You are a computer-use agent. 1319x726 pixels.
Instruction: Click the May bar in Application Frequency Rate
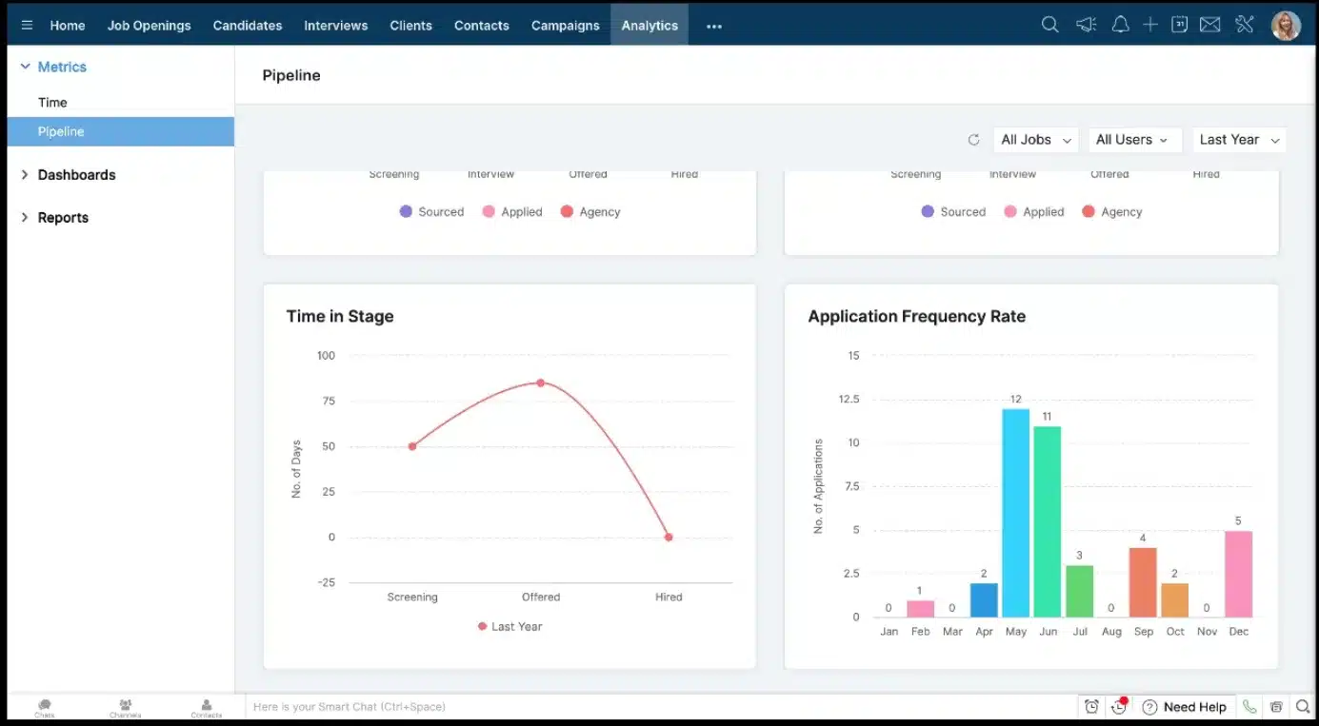pyautogui.click(x=1015, y=513)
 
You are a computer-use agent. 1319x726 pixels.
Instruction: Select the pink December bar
pyautogui.click(x=1238, y=574)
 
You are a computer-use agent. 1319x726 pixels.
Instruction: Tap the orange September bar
pyautogui.click(x=1143, y=582)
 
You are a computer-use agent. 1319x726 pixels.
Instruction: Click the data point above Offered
pyautogui.click(x=540, y=383)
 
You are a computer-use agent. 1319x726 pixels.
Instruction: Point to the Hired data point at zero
pyautogui.click(x=669, y=538)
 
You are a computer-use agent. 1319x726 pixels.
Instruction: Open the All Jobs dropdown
pyautogui.click(x=1035, y=140)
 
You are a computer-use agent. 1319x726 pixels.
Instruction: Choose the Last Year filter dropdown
pyautogui.click(x=1239, y=140)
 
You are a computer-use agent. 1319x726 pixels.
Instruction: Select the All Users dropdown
pyautogui.click(x=1133, y=140)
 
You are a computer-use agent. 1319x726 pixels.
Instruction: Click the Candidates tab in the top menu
pyautogui.click(x=248, y=26)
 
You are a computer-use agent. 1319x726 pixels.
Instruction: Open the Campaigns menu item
pyautogui.click(x=565, y=26)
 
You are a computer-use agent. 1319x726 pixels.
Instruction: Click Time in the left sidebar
pyautogui.click(x=52, y=103)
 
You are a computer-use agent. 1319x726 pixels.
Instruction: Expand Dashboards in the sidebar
pyautogui.click(x=76, y=175)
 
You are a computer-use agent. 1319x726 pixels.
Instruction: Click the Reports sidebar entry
pyautogui.click(x=63, y=218)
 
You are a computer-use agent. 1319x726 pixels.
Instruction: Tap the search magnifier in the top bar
pyautogui.click(x=1049, y=26)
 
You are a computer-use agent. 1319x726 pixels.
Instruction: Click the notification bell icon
pyautogui.click(x=1120, y=26)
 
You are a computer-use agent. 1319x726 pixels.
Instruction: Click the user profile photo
pyautogui.click(x=1286, y=26)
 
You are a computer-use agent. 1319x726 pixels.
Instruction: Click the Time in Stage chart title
pyautogui.click(x=340, y=317)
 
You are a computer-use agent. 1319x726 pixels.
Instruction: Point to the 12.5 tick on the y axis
pyautogui.click(x=848, y=400)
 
